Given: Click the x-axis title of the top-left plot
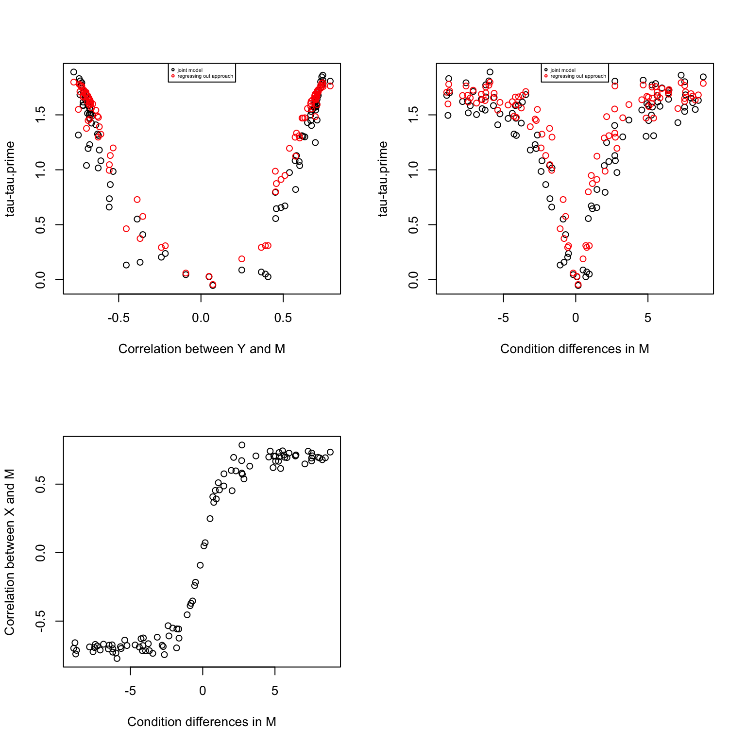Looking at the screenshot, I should pos(202,349).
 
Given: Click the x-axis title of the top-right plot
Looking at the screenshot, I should pos(575,349).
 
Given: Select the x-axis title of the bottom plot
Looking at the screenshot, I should pos(202,722).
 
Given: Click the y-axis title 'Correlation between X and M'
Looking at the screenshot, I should pos(10,552).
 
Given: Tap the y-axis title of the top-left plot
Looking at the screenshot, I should pos(10,179).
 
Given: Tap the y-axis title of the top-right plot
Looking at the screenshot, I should pos(383,179).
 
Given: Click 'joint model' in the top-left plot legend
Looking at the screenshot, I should pos(190,70).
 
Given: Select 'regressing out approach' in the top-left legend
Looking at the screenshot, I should pos(205,76).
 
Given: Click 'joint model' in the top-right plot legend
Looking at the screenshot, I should pos(563,70).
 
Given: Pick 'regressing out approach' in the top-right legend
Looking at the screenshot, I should pos(578,76).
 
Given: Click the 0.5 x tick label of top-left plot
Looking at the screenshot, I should pos(283,318).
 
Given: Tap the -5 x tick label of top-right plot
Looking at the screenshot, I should pos(503,318).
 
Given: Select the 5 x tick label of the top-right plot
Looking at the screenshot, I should pos(647,318).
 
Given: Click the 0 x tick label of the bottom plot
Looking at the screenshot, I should pos(203,691).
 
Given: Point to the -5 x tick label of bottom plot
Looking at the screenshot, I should pos(130,691).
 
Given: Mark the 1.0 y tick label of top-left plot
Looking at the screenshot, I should pos(41,170).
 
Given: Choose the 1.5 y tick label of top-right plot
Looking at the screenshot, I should pos(414,115).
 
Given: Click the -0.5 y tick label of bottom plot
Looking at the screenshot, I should pos(41,621).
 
